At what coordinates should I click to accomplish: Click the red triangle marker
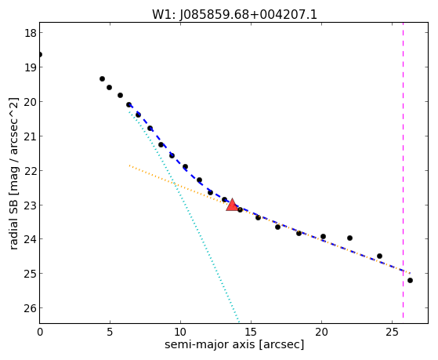coord(232,205)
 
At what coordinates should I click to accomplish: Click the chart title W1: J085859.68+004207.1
coord(234,14)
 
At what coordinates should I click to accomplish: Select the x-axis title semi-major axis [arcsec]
coord(234,344)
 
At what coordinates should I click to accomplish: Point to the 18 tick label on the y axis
coord(31,33)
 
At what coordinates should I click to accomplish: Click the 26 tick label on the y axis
coord(31,308)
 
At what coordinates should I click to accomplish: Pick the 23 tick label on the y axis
coord(31,205)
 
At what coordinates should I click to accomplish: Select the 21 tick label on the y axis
coord(31,136)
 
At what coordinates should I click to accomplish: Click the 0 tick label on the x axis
coord(40,332)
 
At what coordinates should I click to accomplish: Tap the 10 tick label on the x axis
coord(180,332)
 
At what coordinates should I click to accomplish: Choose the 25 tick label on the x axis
coord(392,332)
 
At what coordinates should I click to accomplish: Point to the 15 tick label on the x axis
coord(251,332)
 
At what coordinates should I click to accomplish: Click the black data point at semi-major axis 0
coord(40,54)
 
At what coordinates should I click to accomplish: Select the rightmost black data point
coord(410,280)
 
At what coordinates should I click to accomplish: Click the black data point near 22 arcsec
coord(349,238)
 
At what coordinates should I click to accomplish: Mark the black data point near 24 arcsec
coord(379,256)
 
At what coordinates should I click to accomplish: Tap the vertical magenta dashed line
coord(403,170)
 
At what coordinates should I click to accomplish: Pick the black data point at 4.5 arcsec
coord(102,79)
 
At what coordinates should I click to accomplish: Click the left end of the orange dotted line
coord(129,165)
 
